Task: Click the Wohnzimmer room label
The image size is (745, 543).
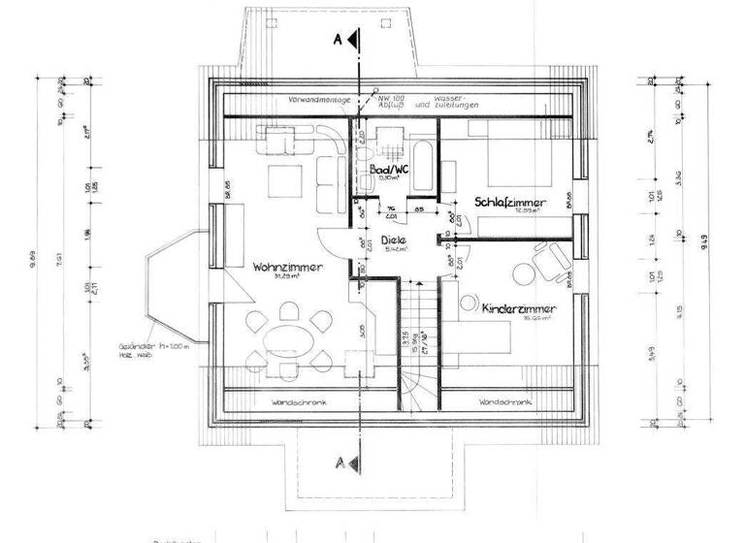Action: coord(287,267)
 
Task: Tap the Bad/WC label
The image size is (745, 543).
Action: coord(393,169)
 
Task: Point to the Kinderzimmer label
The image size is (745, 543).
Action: coord(517,307)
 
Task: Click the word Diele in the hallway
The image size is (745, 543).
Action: coord(393,239)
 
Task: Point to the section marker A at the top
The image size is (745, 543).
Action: coord(340,40)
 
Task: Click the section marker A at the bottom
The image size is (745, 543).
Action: coord(339,459)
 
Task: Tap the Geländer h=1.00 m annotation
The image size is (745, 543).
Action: coord(176,345)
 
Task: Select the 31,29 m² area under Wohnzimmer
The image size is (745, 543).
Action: coord(286,278)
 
